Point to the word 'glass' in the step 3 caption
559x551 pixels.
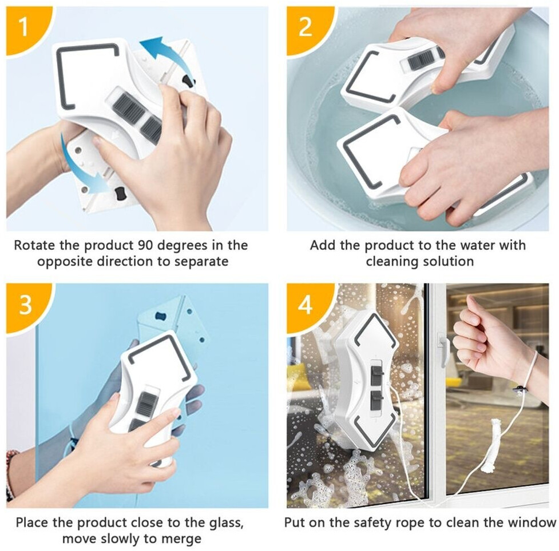224,523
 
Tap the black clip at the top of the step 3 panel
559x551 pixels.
161,316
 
